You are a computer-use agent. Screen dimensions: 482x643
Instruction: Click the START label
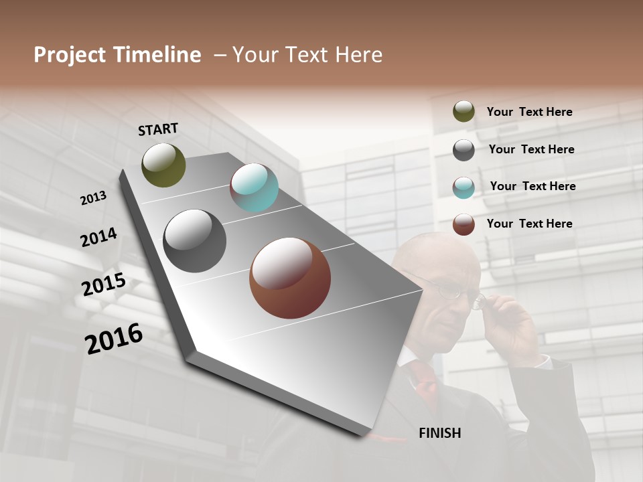[x=158, y=129]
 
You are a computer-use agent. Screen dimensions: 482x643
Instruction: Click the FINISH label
[x=439, y=433]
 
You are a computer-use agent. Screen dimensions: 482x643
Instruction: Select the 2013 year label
[x=93, y=198]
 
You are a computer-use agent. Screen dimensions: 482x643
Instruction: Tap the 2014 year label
[x=99, y=238]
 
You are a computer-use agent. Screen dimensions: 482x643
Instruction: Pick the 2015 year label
[x=104, y=285]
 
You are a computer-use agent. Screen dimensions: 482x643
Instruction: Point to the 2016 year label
[x=114, y=339]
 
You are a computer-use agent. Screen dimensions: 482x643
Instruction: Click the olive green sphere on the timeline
[x=163, y=165]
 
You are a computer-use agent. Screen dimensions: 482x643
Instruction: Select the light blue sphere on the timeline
[x=254, y=187]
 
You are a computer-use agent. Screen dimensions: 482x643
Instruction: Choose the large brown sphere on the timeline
[x=289, y=278]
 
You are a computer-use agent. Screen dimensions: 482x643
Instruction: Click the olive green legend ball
[x=463, y=111]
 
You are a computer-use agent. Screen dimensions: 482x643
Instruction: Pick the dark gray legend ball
[x=463, y=150]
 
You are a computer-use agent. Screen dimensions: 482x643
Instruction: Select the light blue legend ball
[x=463, y=187]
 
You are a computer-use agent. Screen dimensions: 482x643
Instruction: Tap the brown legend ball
[x=463, y=224]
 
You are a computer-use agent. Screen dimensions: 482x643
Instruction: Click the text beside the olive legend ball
[x=529, y=112]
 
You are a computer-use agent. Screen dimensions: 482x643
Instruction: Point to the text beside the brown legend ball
[x=529, y=224]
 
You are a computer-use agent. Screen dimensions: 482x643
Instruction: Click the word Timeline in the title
[x=158, y=55]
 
